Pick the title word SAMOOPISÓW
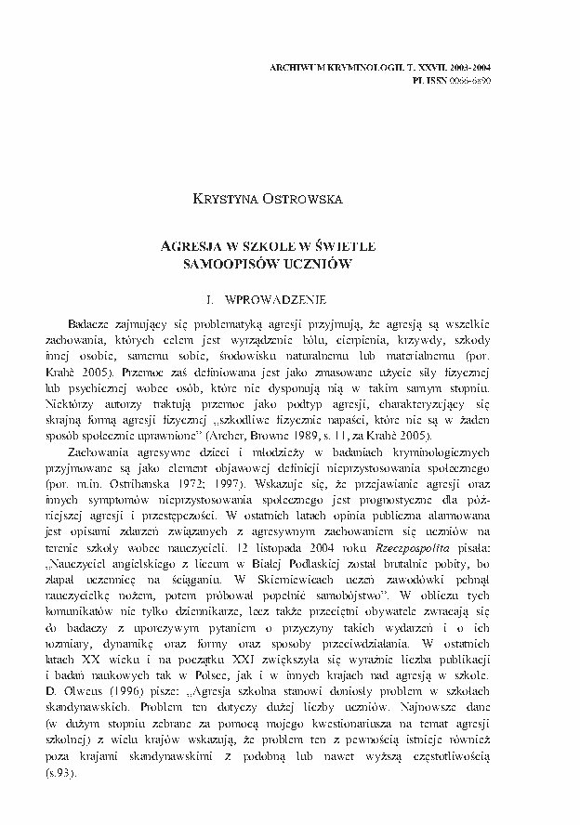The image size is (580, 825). click(242, 264)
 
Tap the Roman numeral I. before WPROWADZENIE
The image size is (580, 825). click(217, 302)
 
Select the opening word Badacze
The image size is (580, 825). click(94, 322)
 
